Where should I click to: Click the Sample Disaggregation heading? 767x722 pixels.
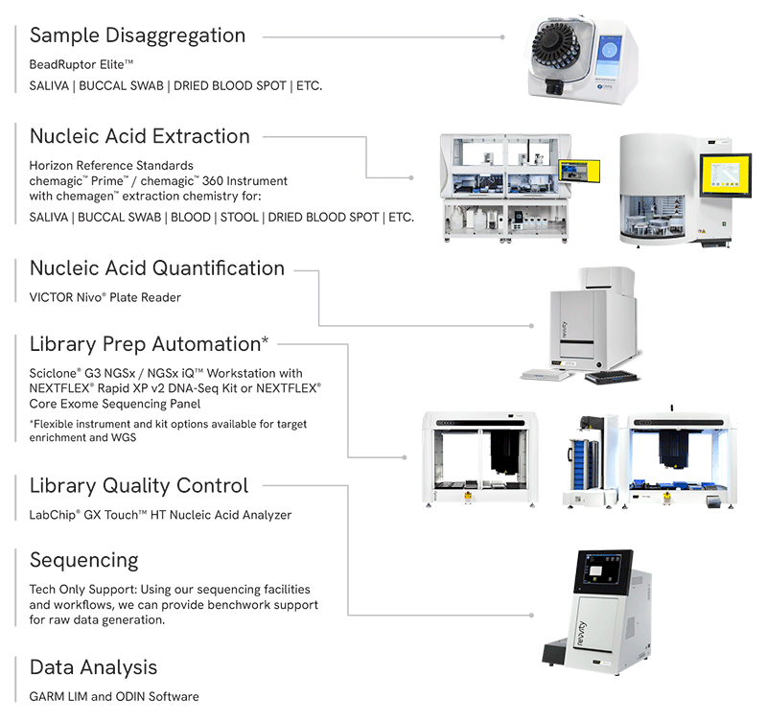137,36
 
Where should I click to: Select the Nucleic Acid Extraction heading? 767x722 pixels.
139,136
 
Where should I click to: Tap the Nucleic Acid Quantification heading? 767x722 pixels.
157,268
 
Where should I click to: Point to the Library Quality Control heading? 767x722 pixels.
139,486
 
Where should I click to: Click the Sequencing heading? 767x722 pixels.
84,560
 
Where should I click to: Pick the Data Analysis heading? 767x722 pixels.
93,667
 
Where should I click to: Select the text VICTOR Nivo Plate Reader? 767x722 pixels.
105,297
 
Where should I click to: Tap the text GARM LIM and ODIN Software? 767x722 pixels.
114,696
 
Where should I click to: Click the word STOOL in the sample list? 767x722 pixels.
239,218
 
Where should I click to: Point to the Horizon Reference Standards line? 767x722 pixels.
111,166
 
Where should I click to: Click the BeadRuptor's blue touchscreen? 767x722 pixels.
613,57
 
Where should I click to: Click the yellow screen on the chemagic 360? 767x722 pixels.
725,175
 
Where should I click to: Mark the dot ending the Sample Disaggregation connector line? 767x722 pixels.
502,36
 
